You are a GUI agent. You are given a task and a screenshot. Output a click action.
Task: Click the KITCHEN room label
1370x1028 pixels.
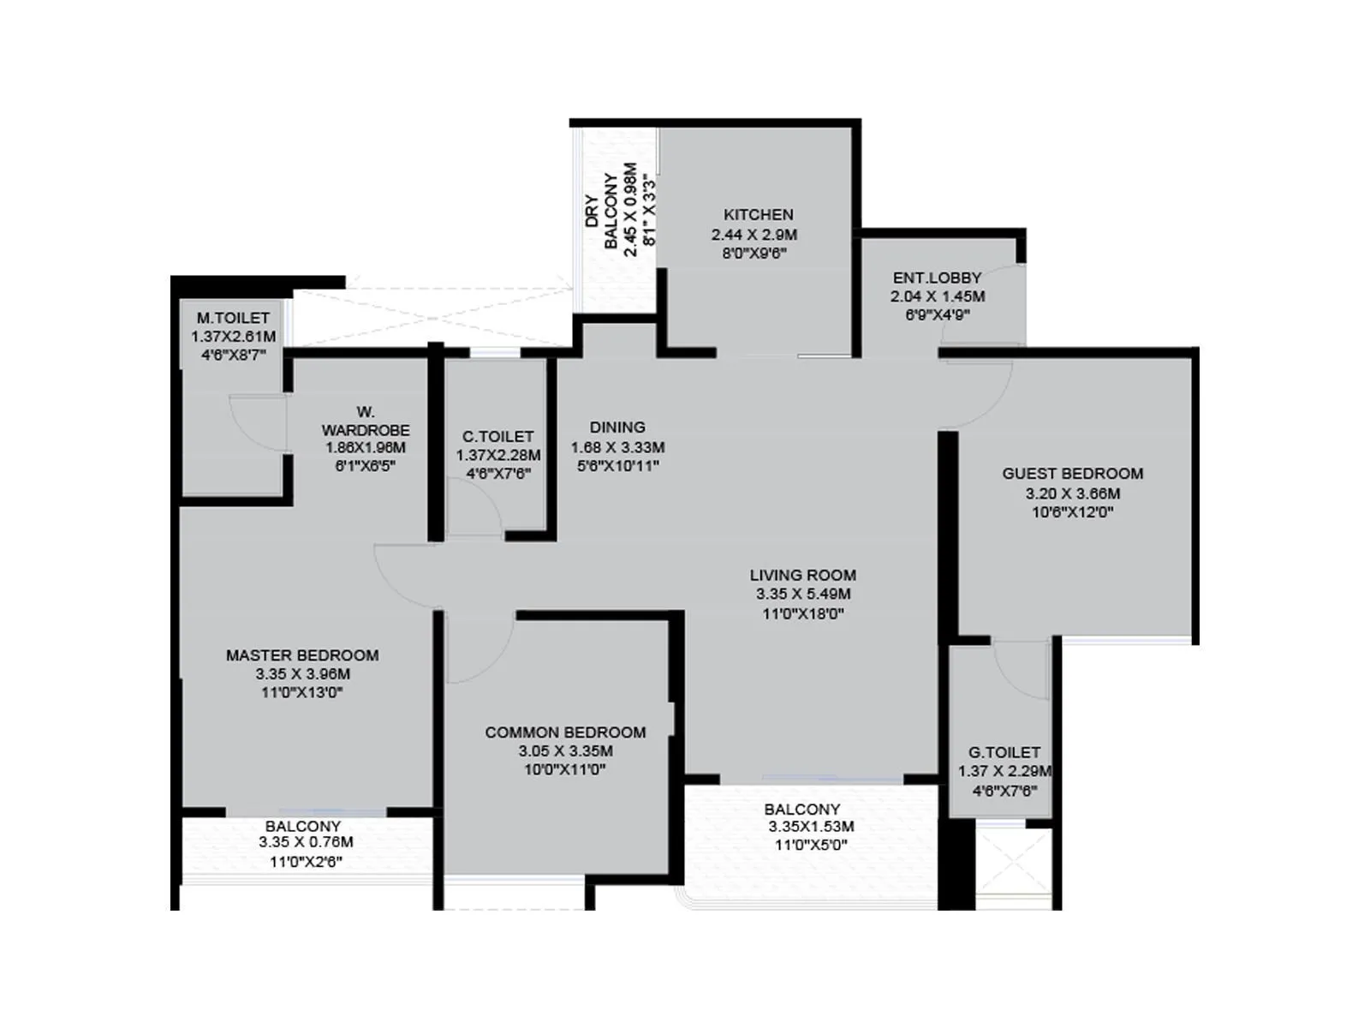[758, 215]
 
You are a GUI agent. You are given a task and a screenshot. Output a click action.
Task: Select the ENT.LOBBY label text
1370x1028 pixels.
[937, 278]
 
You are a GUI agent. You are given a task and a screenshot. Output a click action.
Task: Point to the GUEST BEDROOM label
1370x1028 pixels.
[1072, 474]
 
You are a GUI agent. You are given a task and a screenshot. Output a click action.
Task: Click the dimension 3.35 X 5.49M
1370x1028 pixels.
[802, 595]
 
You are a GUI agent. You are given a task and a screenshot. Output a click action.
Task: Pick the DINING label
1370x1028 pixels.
[617, 427]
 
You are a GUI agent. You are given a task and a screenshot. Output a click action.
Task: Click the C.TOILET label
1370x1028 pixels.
[497, 437]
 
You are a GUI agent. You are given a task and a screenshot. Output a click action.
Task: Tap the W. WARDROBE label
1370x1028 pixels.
[366, 421]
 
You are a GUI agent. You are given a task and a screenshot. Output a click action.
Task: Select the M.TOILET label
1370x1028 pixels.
[233, 318]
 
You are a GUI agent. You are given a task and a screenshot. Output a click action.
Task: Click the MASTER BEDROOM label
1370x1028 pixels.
[302, 655]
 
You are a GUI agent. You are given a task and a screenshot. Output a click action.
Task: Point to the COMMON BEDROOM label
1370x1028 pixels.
[565, 732]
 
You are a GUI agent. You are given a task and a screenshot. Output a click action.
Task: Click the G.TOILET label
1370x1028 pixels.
[1004, 752]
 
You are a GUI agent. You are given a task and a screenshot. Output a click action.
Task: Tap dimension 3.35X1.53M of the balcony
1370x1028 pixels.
[811, 827]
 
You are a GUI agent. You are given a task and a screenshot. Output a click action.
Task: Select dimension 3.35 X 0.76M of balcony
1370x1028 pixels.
[306, 842]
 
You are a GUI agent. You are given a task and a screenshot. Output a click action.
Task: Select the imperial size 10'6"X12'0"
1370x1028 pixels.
[1072, 513]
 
